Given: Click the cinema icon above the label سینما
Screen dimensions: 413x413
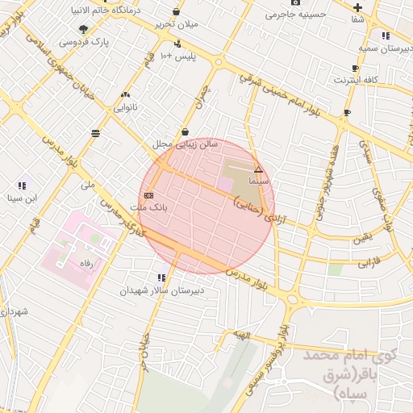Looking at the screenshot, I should coord(258,170).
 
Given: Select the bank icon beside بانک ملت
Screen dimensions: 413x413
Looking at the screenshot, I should coord(148,195).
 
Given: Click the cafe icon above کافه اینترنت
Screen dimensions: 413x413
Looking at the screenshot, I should coord(355,69).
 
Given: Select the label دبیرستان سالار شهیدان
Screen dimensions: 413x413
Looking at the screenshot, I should coord(164,290).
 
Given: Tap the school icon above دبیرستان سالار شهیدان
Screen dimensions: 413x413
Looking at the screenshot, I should coord(162,277).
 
